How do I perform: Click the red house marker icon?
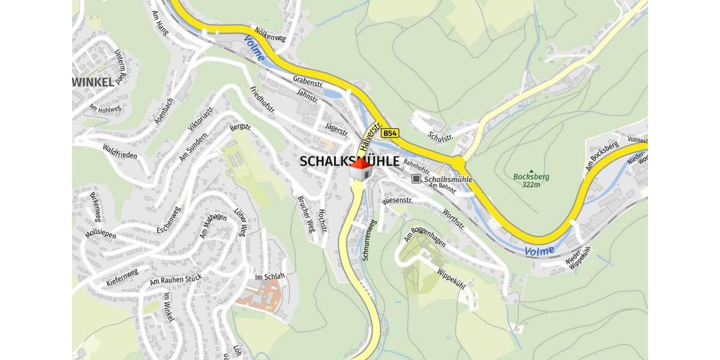[x=360, y=169]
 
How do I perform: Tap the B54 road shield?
[x=391, y=133]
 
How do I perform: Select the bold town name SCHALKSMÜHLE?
[x=349, y=161]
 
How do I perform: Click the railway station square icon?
[x=416, y=179]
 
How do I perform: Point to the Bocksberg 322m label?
[x=531, y=180]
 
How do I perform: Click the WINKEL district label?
[x=93, y=82]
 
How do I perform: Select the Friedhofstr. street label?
[x=262, y=100]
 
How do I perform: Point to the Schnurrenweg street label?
[x=369, y=240]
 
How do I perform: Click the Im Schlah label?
[x=269, y=277]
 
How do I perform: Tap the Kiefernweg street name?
[x=122, y=277]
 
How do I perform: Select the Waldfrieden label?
[x=119, y=151]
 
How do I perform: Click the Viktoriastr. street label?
[x=201, y=118]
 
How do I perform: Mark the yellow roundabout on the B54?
[x=458, y=163]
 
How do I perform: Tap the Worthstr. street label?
[x=453, y=218]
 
